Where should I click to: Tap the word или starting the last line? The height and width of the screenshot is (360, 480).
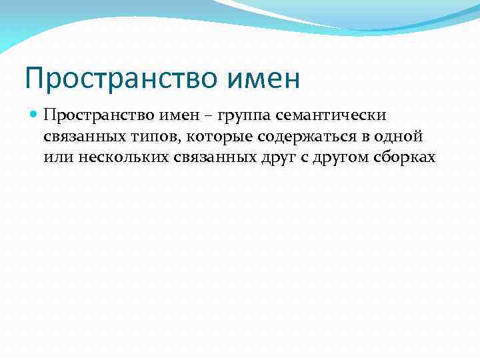pyautogui.click(x=55, y=157)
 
